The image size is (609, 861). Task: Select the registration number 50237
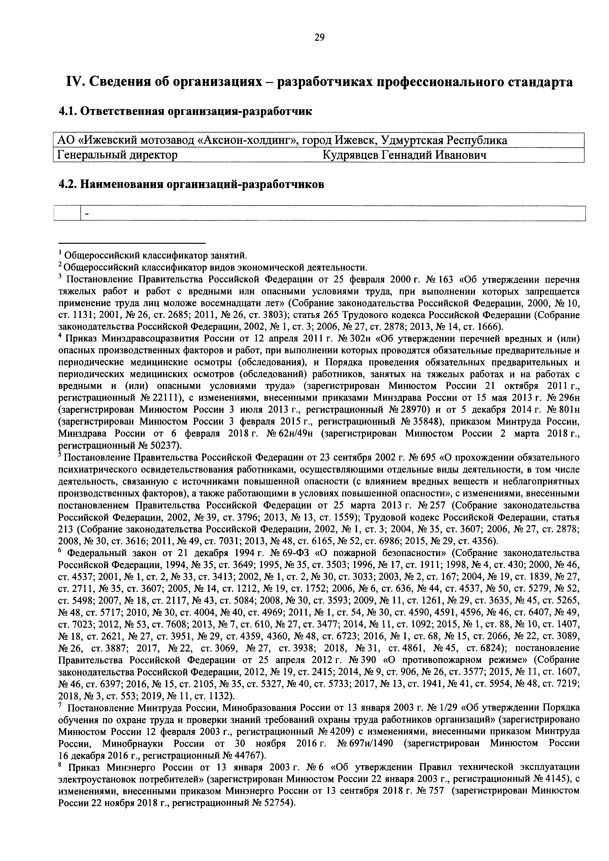[x=166, y=446]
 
